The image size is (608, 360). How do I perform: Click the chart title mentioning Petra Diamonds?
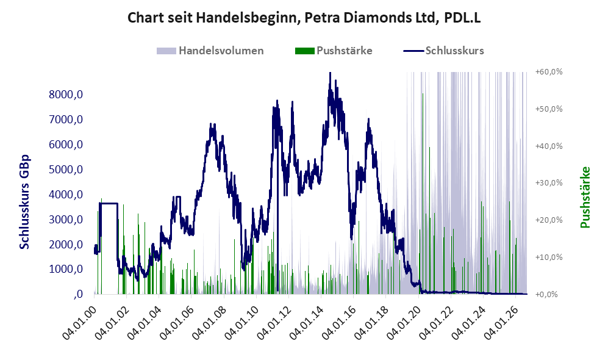tap(304, 18)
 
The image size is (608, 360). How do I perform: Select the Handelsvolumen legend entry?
tap(210, 51)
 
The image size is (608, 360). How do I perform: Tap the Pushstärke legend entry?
tap(334, 51)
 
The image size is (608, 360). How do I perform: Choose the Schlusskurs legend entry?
tap(443, 51)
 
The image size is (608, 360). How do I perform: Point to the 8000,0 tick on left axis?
tap(66, 94)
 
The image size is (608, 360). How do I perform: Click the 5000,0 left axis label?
tap(66, 170)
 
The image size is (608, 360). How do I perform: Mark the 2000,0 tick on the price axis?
tap(66, 245)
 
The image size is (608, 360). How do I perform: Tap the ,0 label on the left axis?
tap(77, 295)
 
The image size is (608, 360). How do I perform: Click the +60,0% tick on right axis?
tap(549, 72)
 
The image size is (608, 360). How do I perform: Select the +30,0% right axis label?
tap(549, 182)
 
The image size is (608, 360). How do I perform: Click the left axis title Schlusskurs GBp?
tap(24, 202)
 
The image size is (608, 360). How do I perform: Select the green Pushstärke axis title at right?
tap(585, 197)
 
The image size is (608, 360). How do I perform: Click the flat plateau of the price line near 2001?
tap(109, 203)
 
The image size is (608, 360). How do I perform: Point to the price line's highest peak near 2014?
tap(329, 73)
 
